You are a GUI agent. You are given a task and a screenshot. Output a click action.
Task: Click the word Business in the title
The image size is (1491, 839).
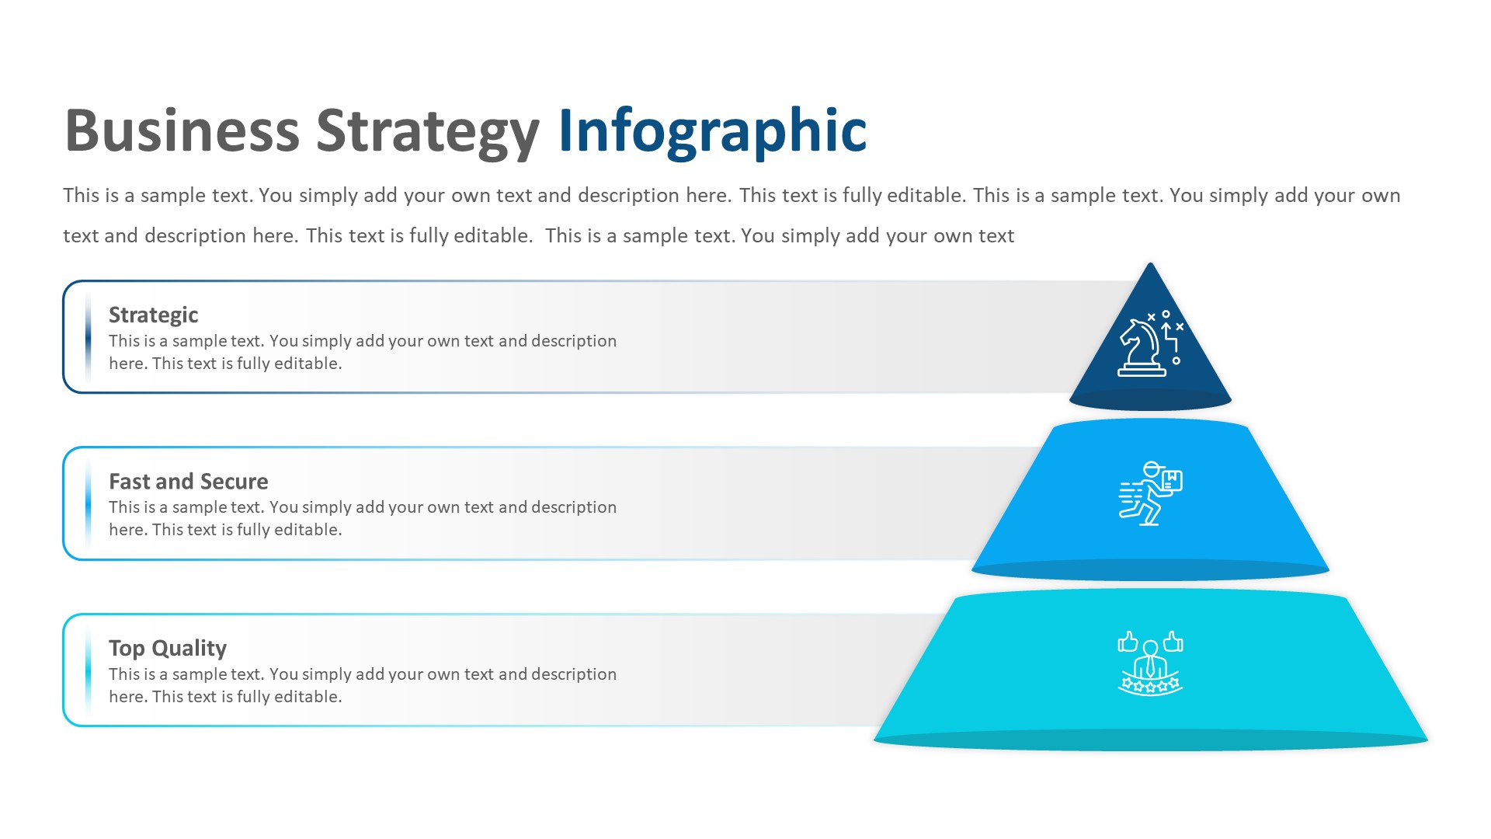point(182,131)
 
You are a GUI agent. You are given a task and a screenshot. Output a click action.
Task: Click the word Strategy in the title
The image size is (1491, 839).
point(427,132)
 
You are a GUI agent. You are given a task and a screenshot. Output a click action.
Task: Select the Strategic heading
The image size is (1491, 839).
point(153,315)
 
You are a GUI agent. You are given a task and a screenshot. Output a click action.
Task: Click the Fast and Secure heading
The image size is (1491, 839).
point(188,482)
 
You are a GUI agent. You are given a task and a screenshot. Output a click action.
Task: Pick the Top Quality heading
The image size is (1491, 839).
point(167,648)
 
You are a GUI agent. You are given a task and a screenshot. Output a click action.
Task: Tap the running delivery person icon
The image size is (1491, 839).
point(1149,494)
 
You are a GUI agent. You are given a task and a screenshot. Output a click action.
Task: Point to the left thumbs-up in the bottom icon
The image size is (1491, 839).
point(1127,642)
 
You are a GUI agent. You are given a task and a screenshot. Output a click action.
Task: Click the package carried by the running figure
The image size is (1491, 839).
point(1170,481)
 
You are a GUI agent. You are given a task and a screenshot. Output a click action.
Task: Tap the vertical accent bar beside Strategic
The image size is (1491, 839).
point(89,337)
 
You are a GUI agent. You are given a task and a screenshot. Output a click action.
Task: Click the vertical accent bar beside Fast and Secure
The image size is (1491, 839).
point(89,503)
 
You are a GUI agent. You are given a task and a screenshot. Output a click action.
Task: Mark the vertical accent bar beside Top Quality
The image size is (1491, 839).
point(89,670)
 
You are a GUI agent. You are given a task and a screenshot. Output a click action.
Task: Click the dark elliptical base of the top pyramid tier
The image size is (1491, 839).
point(1150,400)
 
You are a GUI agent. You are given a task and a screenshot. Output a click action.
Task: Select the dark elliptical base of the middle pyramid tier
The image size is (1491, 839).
point(1150,570)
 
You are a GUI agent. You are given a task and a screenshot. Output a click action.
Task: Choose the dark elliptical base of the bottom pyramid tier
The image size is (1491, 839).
point(1150,740)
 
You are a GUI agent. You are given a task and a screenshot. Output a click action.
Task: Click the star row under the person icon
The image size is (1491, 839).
point(1150,685)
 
